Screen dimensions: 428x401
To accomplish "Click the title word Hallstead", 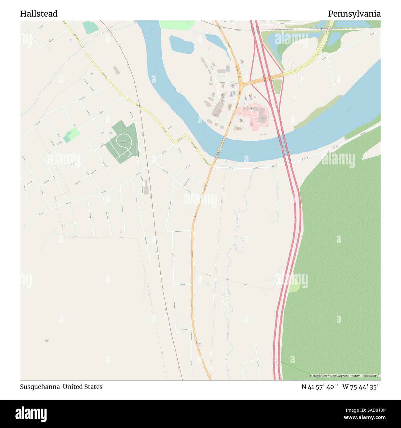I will pos(39,14).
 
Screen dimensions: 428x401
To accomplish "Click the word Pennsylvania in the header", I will pos(354,14).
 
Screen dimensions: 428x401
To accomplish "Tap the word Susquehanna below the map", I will pos(40,387).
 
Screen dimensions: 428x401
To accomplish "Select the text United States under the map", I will pos(83,387).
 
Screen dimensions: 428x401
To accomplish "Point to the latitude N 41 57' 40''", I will pos(320,387).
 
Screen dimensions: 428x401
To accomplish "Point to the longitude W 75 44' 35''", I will pos(362,387).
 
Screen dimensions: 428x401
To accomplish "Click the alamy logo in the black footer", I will pos(31,414).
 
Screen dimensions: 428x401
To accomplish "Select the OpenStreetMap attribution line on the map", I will pos(345,376).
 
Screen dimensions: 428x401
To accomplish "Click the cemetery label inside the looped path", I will pos(123,142).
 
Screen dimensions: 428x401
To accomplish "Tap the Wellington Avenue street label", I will pos(177,231).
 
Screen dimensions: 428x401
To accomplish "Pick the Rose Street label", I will pos(183,285).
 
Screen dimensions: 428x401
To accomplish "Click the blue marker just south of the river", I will pos(226,161).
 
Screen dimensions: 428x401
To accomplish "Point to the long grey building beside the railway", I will pos(146,187).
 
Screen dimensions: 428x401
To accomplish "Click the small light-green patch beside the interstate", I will pos(294,288).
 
